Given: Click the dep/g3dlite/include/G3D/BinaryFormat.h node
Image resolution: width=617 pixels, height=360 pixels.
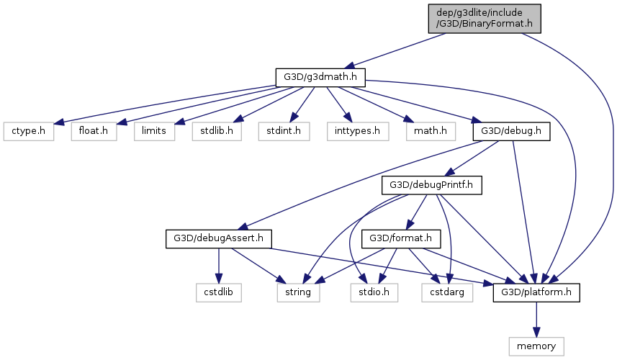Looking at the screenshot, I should (x=484, y=17).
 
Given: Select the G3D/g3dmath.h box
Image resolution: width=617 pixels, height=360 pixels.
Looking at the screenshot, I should (x=320, y=76).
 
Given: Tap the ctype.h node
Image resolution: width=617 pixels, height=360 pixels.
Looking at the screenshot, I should (x=28, y=131).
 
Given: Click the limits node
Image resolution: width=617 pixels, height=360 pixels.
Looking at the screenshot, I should (x=154, y=131).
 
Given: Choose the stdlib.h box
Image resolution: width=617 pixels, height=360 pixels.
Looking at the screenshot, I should (x=217, y=131).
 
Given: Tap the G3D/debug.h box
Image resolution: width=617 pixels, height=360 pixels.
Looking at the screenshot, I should (x=511, y=131).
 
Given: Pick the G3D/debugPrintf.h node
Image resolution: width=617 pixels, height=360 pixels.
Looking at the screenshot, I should (x=431, y=184).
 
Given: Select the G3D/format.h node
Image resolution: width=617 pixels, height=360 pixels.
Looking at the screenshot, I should (x=400, y=238).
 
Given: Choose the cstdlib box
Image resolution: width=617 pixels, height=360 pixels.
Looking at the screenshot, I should (x=219, y=292).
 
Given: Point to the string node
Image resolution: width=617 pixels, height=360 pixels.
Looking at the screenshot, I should (x=298, y=292).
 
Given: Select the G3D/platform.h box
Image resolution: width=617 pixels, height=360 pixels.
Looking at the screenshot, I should (x=536, y=292).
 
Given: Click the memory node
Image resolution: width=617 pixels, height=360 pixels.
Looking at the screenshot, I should (x=536, y=346).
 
